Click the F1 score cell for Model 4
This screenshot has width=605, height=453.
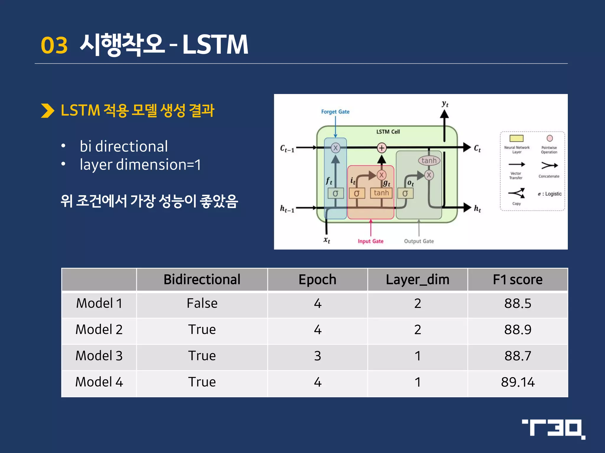518,382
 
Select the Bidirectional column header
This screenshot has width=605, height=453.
202,279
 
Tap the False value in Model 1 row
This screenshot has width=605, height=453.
202,303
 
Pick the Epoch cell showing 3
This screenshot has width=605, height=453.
317,356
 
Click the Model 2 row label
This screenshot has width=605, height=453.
99,329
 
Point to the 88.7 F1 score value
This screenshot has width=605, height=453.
518,356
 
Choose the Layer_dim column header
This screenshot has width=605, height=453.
417,279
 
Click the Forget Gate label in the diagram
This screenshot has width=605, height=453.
335,112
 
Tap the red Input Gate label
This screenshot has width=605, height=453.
370,241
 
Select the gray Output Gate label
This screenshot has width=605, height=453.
419,241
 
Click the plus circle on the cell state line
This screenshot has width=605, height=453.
382,148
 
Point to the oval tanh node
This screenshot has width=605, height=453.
429,160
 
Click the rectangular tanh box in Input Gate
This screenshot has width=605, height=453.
381,193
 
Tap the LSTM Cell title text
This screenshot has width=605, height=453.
388,132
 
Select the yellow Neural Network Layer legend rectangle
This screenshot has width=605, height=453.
516,138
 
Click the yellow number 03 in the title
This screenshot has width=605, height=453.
54,45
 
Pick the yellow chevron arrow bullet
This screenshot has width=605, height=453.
47,111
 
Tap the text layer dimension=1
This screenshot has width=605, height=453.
140,165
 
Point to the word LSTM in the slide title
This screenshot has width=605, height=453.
215,45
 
